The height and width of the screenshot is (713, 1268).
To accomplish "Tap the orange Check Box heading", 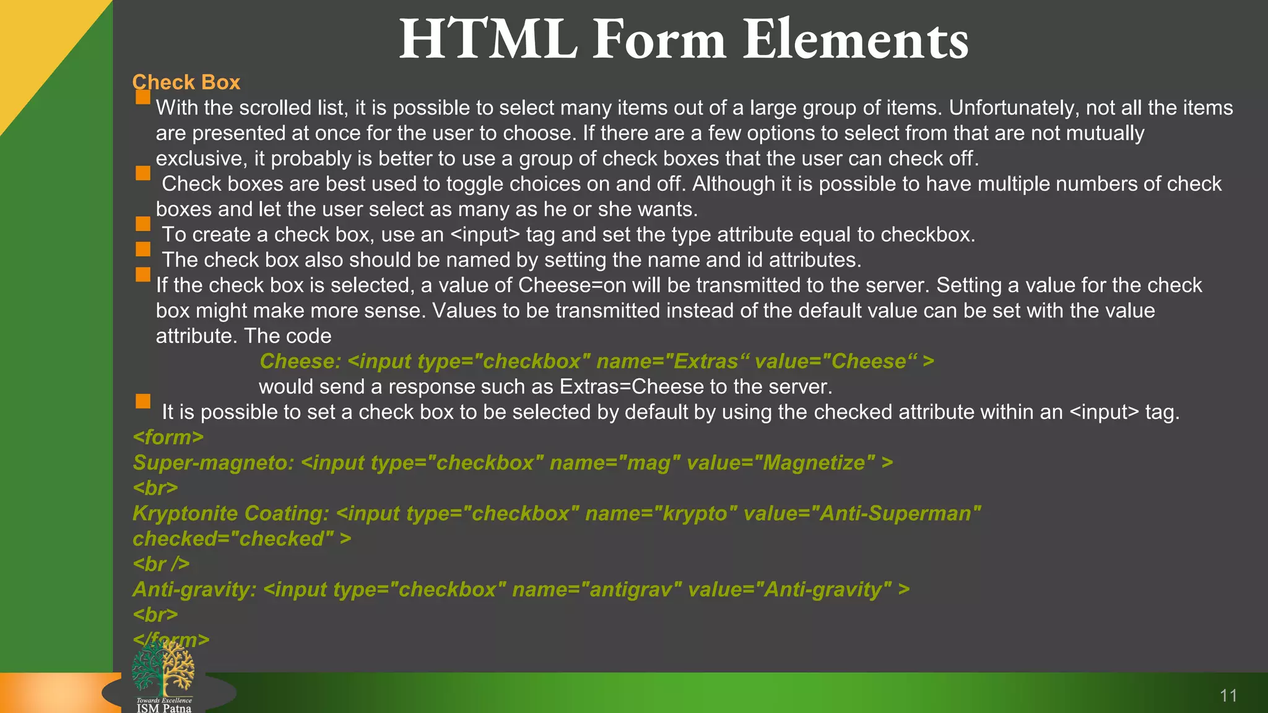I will pyautogui.click(x=186, y=82).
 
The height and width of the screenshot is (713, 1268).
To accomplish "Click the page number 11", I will pyautogui.click(x=1228, y=696).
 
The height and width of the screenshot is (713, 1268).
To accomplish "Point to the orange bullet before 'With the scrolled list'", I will pyautogui.click(x=143, y=97).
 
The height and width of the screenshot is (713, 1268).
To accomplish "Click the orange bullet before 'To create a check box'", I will pyautogui.click(x=143, y=223).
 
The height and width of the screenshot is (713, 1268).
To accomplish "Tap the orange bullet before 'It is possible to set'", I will pyautogui.click(x=143, y=401).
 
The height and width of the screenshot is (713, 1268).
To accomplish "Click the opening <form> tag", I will pyautogui.click(x=168, y=438).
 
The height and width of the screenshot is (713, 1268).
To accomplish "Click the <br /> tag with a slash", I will pyautogui.click(x=161, y=564).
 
